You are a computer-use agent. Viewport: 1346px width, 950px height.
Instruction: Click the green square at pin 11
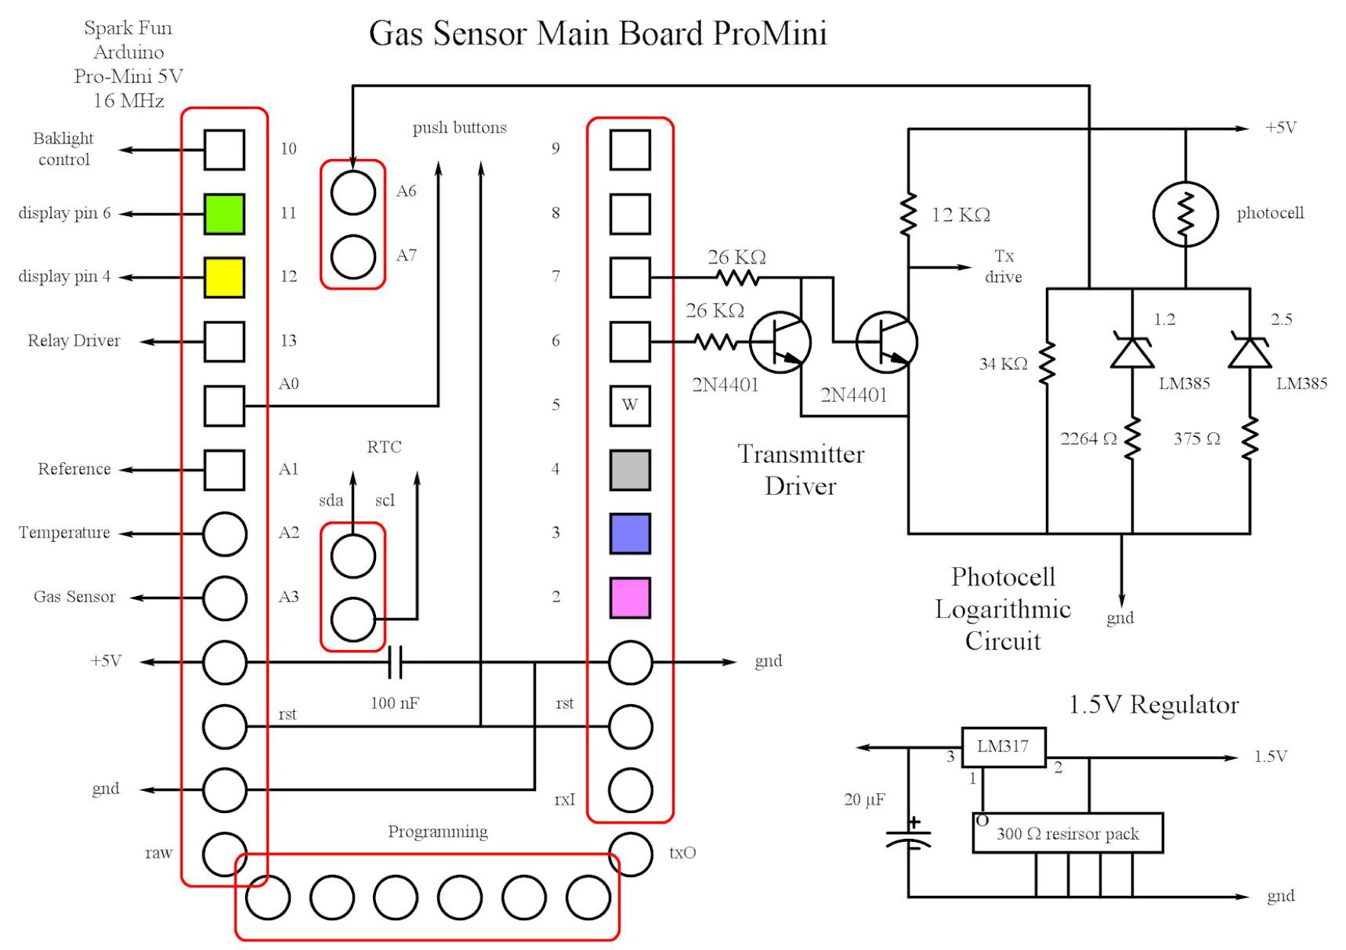click(x=224, y=214)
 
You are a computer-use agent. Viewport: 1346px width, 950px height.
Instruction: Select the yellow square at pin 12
click(x=224, y=277)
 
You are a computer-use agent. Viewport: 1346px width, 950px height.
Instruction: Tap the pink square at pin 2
click(x=630, y=598)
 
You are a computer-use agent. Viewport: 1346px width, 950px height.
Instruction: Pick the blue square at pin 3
click(x=630, y=533)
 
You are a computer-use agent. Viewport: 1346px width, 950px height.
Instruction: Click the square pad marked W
click(x=630, y=405)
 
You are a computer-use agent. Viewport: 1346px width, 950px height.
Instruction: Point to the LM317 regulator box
click(x=1003, y=747)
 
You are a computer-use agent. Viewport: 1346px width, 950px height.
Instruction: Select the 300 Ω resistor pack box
click(x=1067, y=834)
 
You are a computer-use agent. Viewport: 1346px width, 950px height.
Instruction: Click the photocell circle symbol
click(x=1185, y=214)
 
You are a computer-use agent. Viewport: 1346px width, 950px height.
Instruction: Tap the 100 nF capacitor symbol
click(x=394, y=662)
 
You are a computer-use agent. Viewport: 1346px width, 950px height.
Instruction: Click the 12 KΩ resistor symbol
click(x=907, y=215)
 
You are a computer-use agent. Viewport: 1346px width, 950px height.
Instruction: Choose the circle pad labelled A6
click(x=353, y=193)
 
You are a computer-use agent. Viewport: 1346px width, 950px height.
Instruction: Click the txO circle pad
click(x=631, y=854)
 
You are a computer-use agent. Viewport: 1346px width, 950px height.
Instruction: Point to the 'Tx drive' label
click(x=1003, y=266)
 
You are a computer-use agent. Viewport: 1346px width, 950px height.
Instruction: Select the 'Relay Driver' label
click(x=74, y=341)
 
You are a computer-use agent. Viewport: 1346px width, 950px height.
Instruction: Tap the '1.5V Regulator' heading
click(x=1153, y=705)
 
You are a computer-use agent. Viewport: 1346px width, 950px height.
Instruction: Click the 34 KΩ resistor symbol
click(x=1047, y=363)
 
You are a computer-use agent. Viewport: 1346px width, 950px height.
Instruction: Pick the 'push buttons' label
click(x=459, y=128)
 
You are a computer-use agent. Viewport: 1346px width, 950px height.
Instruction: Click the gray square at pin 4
click(x=630, y=470)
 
